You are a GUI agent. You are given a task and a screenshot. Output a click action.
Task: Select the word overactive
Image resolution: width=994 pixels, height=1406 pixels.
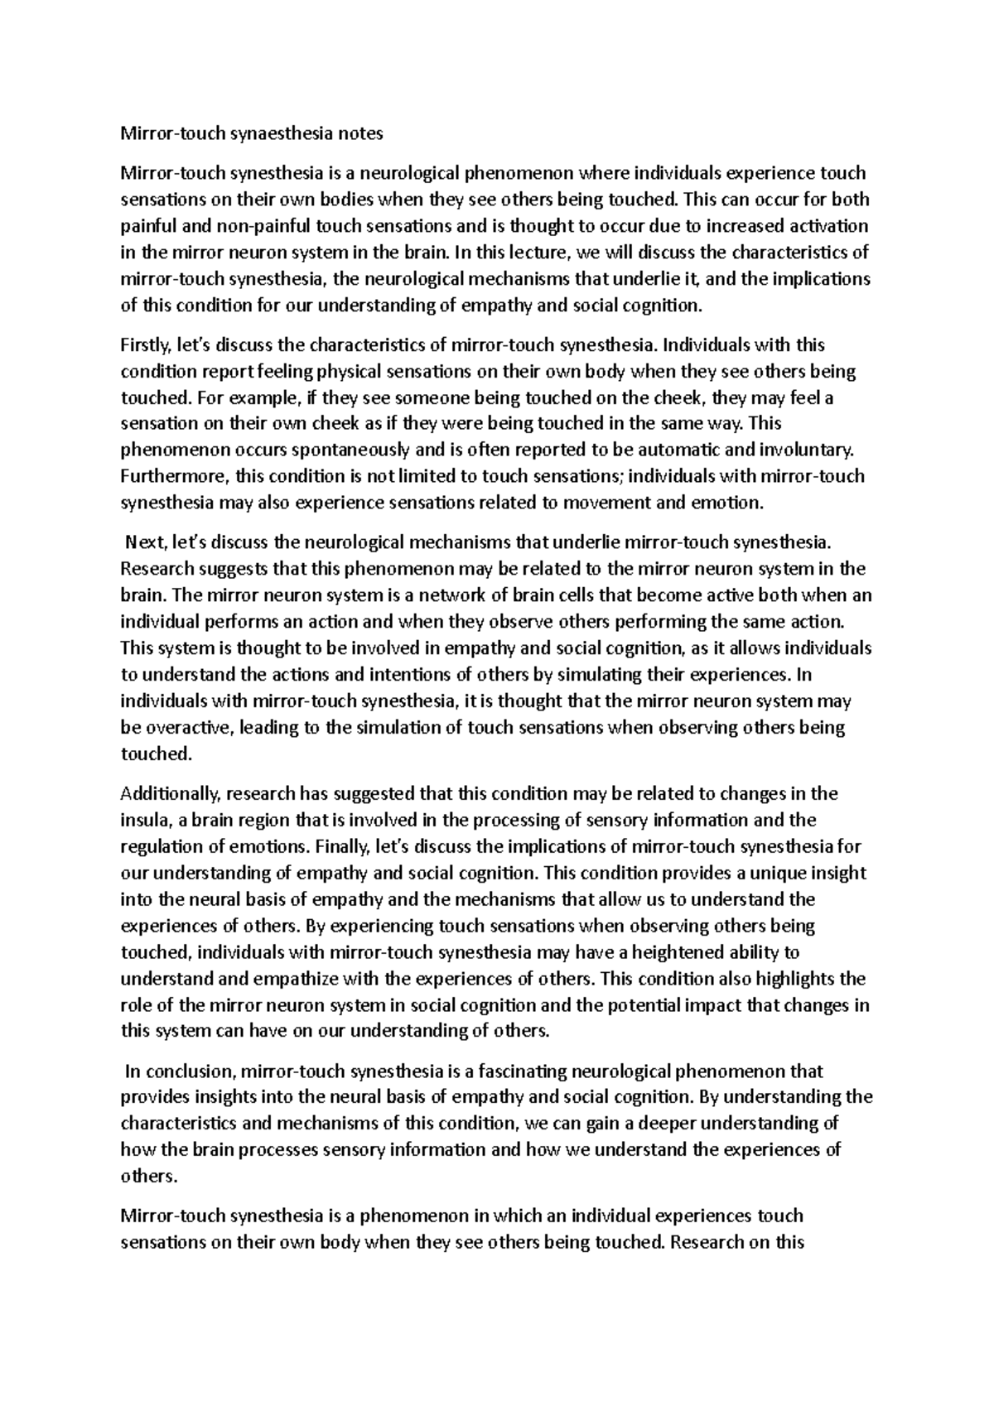186,728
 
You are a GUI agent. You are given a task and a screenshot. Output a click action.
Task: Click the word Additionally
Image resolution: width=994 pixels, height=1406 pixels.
169,794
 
